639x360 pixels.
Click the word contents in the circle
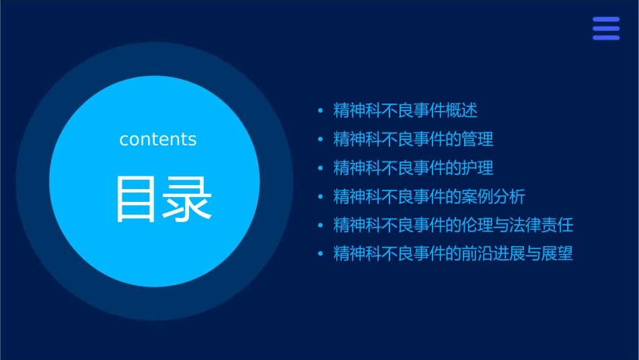pyautogui.click(x=158, y=139)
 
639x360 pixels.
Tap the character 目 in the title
pyautogui.click(x=137, y=199)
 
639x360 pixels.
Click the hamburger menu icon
pyautogui.click(x=606, y=28)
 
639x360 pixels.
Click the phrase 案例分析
pyautogui.click(x=494, y=197)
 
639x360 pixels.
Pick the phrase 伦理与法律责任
pyautogui.click(x=517, y=225)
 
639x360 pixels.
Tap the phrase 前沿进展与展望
pyautogui.click(x=517, y=254)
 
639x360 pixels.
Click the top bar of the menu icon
pyautogui.click(x=606, y=20)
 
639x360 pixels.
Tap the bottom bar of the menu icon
pyautogui.click(x=606, y=38)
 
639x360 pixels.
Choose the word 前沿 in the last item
pyautogui.click(x=478, y=254)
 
